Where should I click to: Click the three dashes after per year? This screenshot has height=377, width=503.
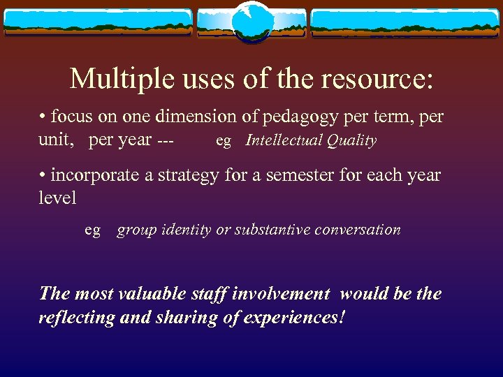tap(166, 140)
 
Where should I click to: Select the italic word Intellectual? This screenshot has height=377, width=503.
tap(283, 140)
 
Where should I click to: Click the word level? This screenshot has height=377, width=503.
tap(57, 198)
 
